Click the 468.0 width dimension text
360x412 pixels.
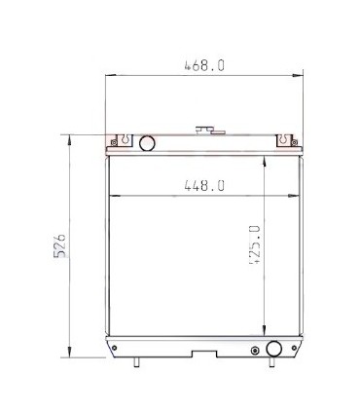pos(204,65)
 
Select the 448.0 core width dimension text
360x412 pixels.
pos(203,185)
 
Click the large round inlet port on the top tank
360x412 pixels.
pos(147,144)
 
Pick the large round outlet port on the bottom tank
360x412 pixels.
pos(274,349)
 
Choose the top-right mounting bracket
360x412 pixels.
pos(286,140)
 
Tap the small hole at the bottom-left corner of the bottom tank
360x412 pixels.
pos(115,348)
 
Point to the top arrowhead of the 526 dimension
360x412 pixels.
pos(69,137)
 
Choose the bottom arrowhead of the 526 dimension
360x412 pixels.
pos(69,356)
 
